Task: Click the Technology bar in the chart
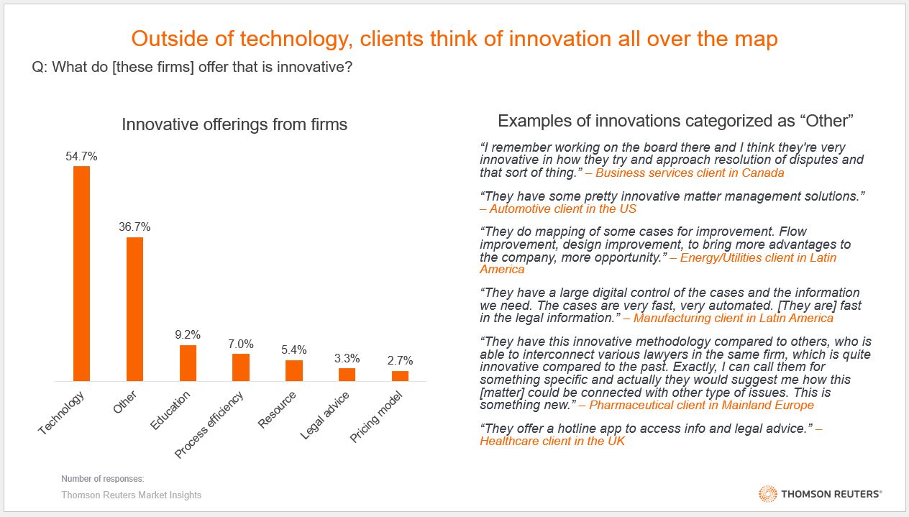tap(81, 273)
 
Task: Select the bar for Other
tap(134, 309)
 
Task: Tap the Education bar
tap(188, 363)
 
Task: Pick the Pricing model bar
tap(400, 376)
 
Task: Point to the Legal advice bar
tap(347, 375)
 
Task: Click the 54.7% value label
tap(81, 156)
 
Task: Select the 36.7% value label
tap(134, 227)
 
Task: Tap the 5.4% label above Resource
tap(293, 350)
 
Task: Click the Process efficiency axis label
tap(210, 424)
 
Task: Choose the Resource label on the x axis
tap(273, 411)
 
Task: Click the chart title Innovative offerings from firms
tap(234, 124)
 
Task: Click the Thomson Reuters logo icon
tap(767, 494)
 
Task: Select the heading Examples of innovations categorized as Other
tap(675, 121)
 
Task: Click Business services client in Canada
tap(690, 173)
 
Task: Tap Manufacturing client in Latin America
tap(734, 319)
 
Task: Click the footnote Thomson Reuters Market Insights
tap(131, 495)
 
